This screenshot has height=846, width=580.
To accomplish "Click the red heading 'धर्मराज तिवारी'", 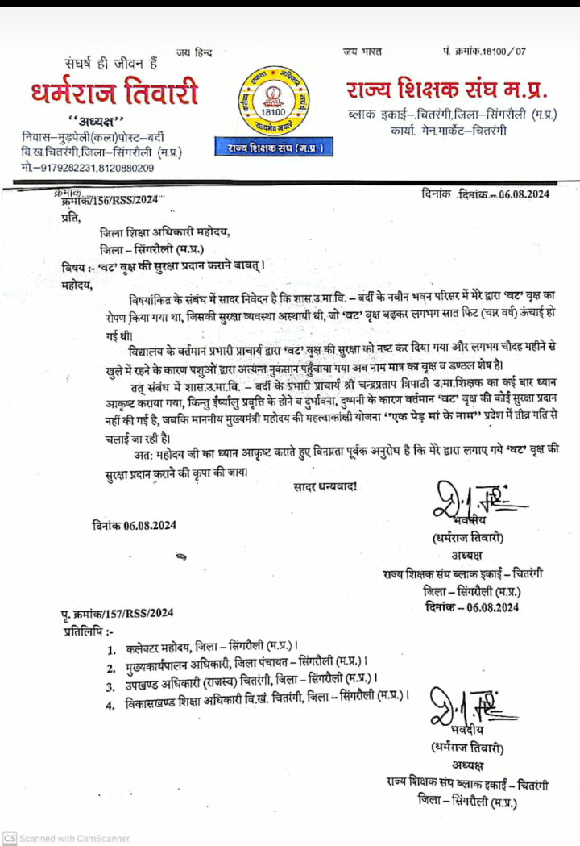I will point(115,93).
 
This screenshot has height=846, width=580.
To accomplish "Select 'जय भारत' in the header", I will point(361,52).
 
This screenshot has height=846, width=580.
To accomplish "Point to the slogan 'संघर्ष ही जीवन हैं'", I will point(112,62).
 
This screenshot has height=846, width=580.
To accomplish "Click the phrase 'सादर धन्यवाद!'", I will point(325,486).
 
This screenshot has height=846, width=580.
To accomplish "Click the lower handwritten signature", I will point(466,706).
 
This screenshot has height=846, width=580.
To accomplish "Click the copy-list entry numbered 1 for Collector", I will point(205,648).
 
